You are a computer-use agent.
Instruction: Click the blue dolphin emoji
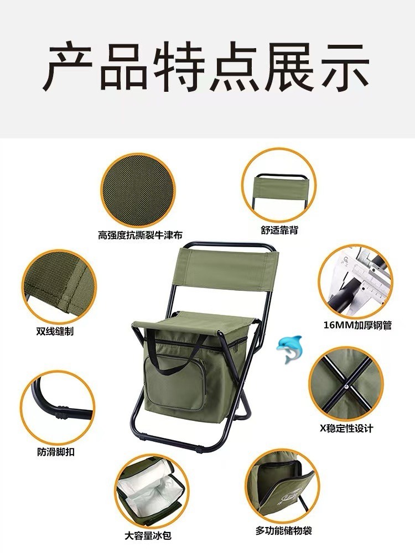click(289, 349)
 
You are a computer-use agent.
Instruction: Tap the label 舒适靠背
click(279, 230)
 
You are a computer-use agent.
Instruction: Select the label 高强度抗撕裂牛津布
click(140, 234)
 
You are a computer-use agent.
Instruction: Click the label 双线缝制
click(55, 331)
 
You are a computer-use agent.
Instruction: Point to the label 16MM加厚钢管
click(357, 325)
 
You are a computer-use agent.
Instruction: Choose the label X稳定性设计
click(346, 429)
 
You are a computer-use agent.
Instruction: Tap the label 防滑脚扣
click(56, 452)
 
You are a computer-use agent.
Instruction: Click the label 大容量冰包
click(148, 536)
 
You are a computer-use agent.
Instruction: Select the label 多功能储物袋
click(284, 530)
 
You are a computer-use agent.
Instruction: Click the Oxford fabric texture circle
click(138, 190)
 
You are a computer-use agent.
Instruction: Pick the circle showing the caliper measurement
click(355, 281)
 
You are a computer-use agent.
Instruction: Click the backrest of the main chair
click(227, 268)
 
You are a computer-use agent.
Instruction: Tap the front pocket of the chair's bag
click(175, 383)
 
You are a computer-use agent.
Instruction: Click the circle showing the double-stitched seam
click(59, 286)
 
